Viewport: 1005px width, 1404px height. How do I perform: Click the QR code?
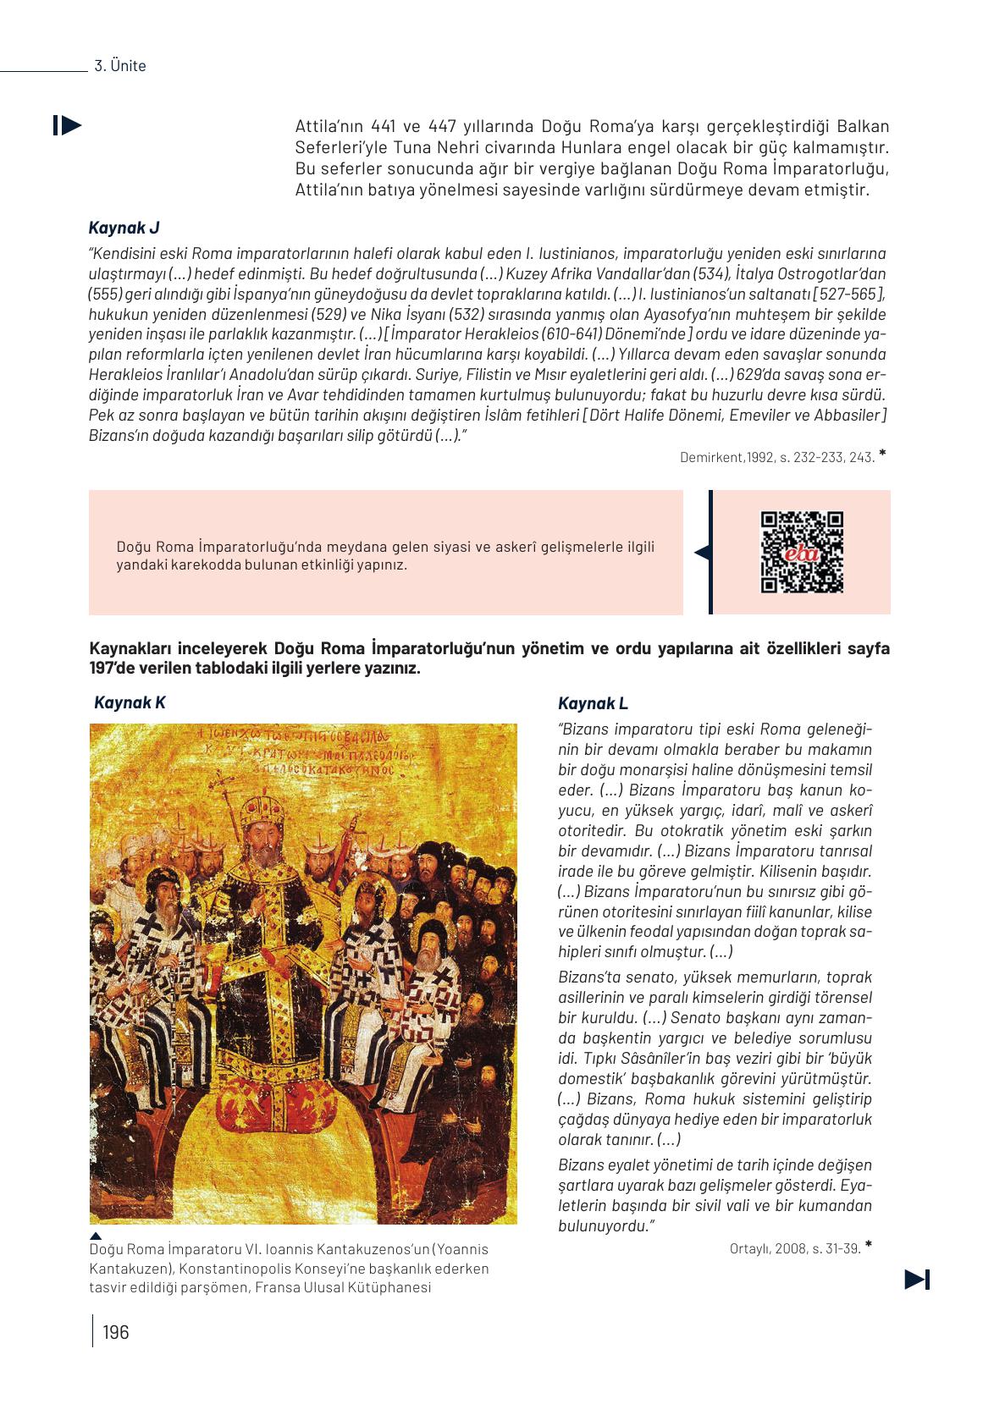pyautogui.click(x=802, y=552)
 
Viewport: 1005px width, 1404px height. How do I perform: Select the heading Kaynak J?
pyautogui.click(x=124, y=227)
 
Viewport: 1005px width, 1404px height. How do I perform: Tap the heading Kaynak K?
pyautogui.click(x=130, y=702)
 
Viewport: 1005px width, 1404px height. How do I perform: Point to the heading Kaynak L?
pyautogui.click(x=593, y=703)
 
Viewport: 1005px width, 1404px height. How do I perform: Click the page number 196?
pyautogui.click(x=115, y=1332)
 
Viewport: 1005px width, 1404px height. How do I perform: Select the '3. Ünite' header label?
pyautogui.click(x=119, y=65)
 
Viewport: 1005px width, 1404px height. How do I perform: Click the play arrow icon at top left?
pyautogui.click(x=67, y=125)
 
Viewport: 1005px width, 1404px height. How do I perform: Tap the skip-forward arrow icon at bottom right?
pyautogui.click(x=917, y=1280)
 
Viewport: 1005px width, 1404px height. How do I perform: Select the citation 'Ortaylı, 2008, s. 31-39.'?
pyautogui.click(x=794, y=1247)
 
